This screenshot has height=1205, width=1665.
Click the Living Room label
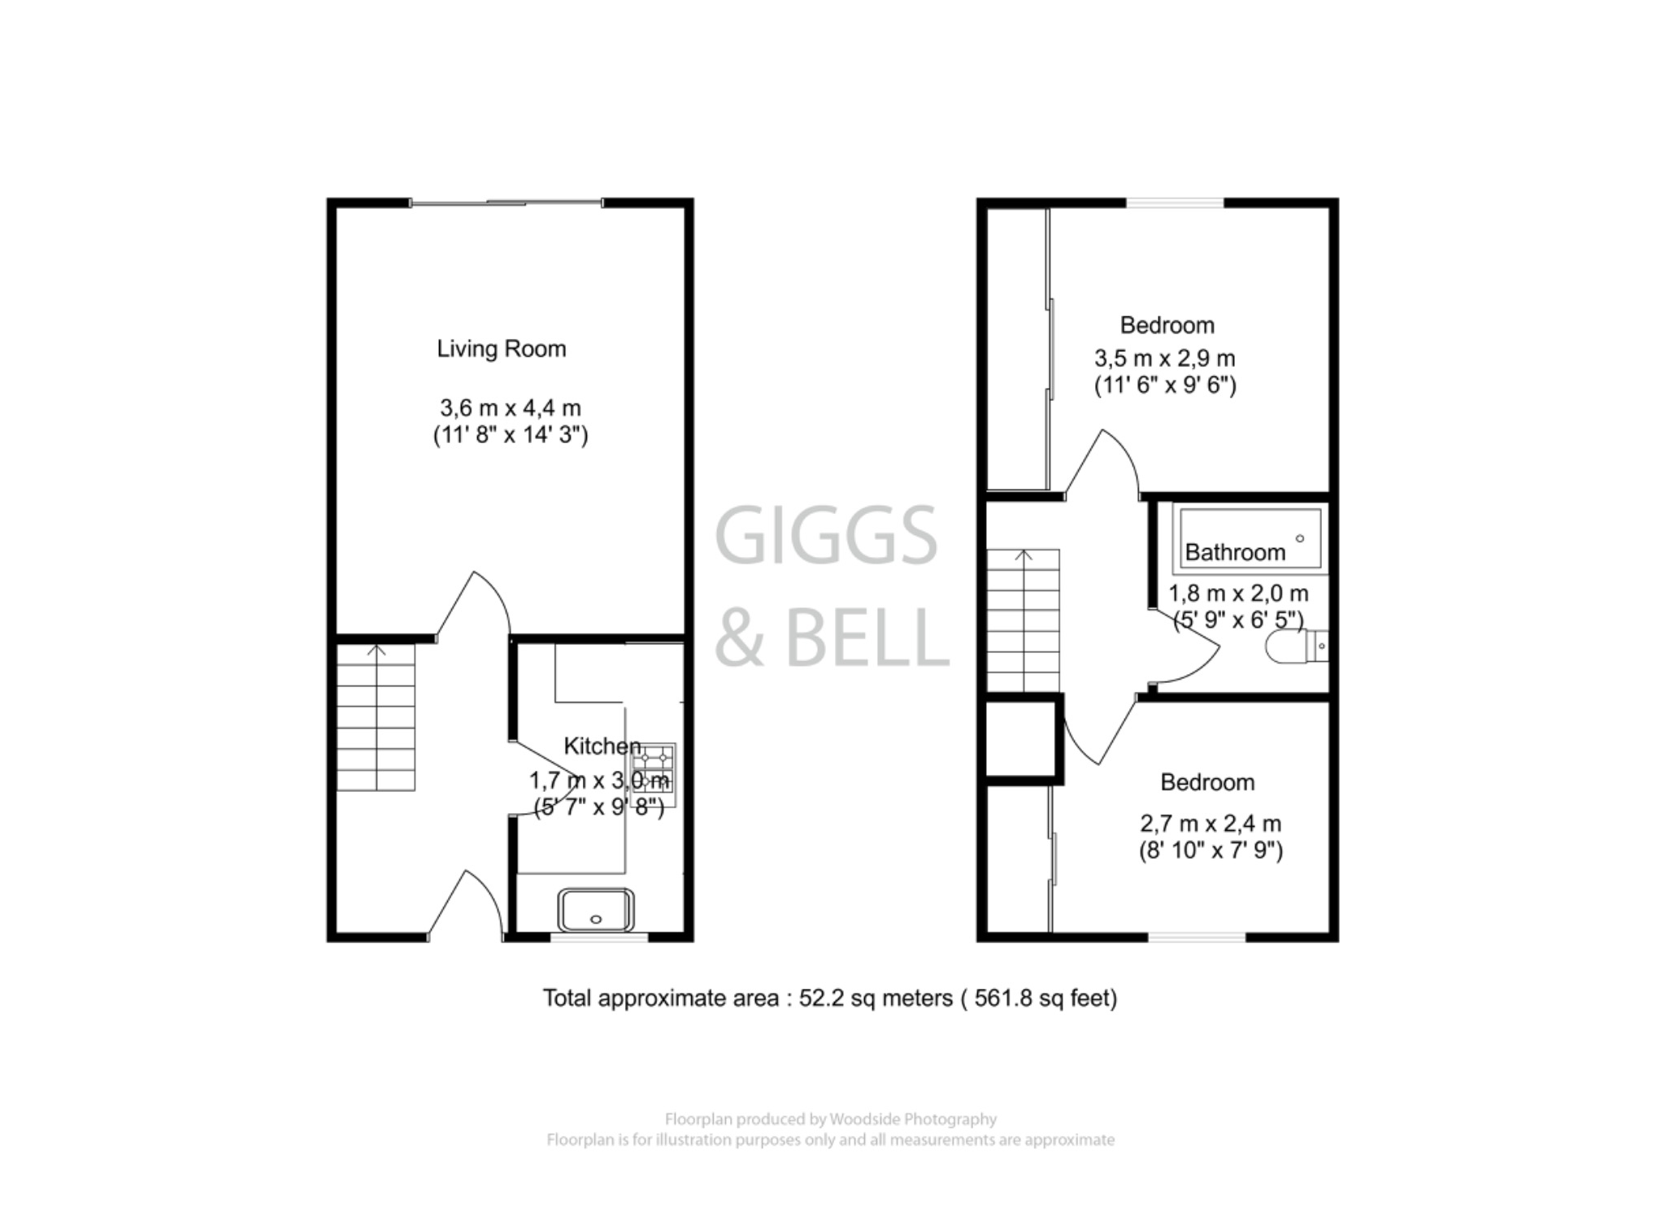(x=501, y=349)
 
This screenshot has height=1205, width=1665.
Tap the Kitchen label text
(x=602, y=746)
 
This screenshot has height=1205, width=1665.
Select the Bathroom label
(x=1235, y=553)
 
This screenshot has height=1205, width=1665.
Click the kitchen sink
(x=596, y=910)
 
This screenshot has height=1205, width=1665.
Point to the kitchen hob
(x=654, y=774)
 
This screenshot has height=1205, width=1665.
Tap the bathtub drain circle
(x=1299, y=538)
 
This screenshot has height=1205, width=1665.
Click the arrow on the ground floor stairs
(x=376, y=650)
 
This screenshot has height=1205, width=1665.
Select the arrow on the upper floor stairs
(x=1024, y=556)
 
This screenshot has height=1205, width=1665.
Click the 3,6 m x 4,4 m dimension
(x=510, y=407)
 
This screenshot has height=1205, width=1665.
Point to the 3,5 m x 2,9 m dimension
(x=1164, y=358)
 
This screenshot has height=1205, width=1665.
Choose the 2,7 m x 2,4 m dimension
(x=1211, y=824)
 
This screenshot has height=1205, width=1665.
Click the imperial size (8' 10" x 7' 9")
(x=1211, y=850)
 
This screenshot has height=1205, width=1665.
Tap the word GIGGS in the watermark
(x=826, y=535)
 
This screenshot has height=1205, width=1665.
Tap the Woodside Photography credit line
(x=830, y=1120)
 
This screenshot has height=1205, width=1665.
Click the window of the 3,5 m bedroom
(x=1175, y=202)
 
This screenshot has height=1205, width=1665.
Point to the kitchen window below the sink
(x=599, y=937)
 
